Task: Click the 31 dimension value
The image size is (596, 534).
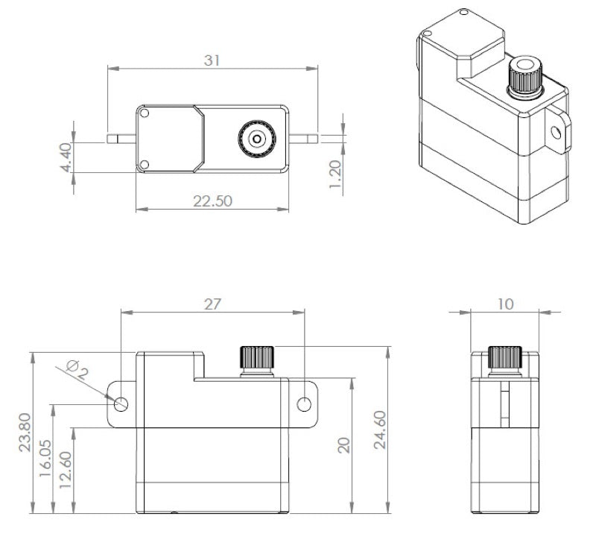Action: (x=212, y=60)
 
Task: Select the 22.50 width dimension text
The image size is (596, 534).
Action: (x=212, y=201)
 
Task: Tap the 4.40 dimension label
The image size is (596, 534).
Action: (x=66, y=157)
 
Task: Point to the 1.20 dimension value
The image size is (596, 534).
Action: (x=335, y=174)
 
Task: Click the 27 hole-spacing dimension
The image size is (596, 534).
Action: (x=212, y=304)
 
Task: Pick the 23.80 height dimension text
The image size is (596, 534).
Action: (x=25, y=433)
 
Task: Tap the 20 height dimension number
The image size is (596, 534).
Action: (x=344, y=445)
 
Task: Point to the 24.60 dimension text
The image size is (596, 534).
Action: (x=380, y=430)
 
